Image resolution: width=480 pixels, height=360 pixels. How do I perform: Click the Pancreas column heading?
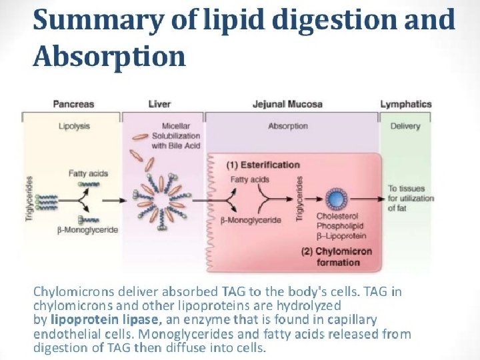pyautogui.click(x=73, y=104)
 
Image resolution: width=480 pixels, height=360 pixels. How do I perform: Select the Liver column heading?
pyautogui.click(x=159, y=104)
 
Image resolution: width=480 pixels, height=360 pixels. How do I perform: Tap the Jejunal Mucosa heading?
pyautogui.click(x=287, y=104)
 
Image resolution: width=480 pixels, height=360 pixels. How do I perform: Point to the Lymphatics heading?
pyautogui.click(x=406, y=104)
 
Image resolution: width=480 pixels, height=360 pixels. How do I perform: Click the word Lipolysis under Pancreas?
pyautogui.click(x=73, y=125)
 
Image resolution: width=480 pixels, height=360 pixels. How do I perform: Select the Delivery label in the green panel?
pyautogui.click(x=405, y=125)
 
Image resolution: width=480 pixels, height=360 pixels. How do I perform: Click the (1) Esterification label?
pyautogui.click(x=263, y=165)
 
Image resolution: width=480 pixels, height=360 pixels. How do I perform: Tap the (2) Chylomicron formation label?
pyautogui.click(x=336, y=257)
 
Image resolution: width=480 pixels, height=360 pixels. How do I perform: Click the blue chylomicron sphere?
pyautogui.click(x=337, y=199)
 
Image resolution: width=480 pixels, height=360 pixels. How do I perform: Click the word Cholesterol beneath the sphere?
pyautogui.click(x=337, y=217)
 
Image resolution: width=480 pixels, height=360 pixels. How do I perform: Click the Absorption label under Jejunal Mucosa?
pyautogui.click(x=287, y=125)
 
